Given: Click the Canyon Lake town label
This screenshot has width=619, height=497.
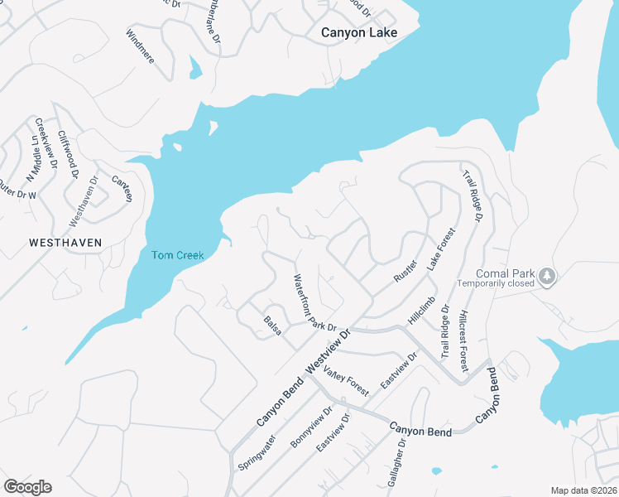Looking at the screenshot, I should click(359, 33).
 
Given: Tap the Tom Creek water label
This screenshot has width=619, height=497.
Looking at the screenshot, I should click(177, 255).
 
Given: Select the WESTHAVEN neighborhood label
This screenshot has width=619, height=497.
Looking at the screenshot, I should click(65, 243).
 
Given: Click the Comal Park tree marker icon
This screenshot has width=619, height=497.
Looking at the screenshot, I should click(547, 274).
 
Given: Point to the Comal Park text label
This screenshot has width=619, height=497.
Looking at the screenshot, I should click(506, 274).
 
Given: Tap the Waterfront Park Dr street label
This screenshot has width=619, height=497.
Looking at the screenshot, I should click(311, 303).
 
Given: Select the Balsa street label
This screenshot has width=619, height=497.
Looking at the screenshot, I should click(273, 326).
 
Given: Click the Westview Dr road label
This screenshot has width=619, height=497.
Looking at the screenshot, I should click(329, 349).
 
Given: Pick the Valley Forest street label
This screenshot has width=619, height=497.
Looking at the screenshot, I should click(345, 380).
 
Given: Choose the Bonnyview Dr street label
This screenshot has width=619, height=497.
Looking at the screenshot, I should click(311, 427).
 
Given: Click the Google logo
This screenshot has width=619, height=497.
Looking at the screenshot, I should click(27, 486).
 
